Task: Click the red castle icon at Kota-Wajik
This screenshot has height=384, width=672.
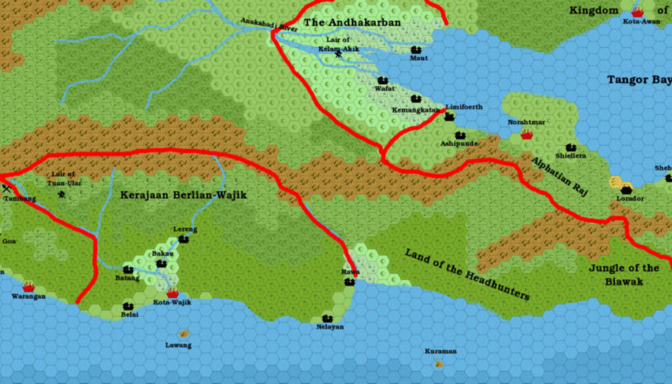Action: click(x=173, y=293)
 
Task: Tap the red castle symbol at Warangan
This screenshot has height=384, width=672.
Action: click(x=28, y=287)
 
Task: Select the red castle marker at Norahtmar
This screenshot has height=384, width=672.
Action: click(x=526, y=134)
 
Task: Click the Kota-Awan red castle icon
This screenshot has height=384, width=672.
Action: click(x=637, y=12)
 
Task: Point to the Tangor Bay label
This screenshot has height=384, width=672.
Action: click(x=639, y=79)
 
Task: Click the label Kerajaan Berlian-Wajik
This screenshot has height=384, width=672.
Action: click(x=183, y=195)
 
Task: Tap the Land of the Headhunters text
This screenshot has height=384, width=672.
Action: click(x=467, y=274)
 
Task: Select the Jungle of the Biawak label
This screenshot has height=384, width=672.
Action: click(x=623, y=274)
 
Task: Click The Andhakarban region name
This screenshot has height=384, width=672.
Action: click(x=352, y=22)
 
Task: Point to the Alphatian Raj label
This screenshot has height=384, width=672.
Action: click(x=560, y=175)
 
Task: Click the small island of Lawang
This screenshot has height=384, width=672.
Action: click(x=184, y=334)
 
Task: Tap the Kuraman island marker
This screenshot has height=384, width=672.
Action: click(x=438, y=363)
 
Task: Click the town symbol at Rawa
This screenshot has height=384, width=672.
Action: click(x=350, y=282)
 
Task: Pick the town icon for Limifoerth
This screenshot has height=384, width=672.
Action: click(x=450, y=117)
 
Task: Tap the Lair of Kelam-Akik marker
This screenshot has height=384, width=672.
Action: click(x=339, y=54)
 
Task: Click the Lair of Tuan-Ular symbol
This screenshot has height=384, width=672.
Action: click(x=62, y=194)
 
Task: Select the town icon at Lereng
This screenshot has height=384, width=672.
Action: click(x=183, y=239)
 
